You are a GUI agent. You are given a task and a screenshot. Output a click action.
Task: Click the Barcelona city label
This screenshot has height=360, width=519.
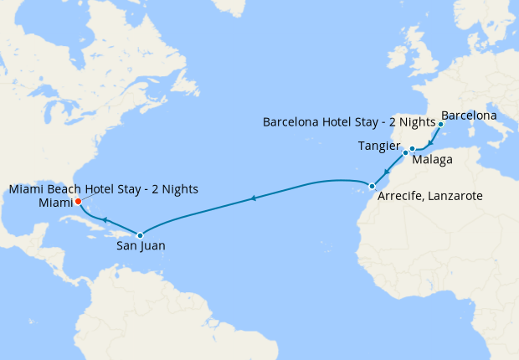pos(469,115)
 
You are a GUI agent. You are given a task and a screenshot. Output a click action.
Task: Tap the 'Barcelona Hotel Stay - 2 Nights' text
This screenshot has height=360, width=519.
pos(349,122)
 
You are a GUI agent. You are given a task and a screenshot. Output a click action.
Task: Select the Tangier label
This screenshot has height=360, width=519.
pos(378,146)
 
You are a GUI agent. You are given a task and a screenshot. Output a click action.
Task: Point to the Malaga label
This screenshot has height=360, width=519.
pos(434,159)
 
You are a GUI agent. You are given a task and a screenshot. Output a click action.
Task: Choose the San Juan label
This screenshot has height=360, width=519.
pos(141,246)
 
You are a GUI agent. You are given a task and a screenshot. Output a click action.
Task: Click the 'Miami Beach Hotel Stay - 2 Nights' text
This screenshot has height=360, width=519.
pos(104,189)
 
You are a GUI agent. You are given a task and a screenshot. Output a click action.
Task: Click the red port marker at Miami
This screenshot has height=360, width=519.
pos(77,202)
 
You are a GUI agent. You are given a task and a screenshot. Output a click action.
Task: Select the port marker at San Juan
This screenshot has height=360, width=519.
pos(141,235)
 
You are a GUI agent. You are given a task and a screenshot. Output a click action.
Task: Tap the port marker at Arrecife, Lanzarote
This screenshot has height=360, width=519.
pos(372,186)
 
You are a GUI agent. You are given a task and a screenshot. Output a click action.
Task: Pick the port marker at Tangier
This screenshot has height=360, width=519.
pos(405,153)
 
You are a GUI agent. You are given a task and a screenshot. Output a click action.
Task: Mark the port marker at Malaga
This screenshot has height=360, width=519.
pos(413,149)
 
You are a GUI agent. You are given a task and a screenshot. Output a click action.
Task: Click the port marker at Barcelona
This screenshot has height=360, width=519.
pos(440,124)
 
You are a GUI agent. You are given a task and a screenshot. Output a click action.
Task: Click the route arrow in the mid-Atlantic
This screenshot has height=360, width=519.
pos(254,198)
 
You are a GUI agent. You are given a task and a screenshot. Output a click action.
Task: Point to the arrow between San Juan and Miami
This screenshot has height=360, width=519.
pos(106,220)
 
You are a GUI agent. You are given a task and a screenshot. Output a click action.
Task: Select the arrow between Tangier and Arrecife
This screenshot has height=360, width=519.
pos(388,171)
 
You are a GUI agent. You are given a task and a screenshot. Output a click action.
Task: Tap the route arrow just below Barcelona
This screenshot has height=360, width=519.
pos(430,143)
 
